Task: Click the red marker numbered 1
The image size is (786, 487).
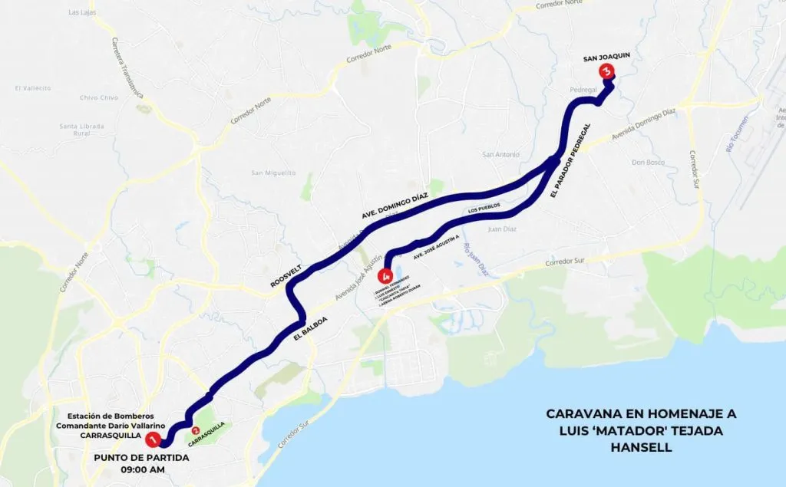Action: click(153, 439)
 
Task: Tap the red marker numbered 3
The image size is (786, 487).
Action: click(607, 71)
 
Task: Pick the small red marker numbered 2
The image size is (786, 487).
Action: click(196, 431)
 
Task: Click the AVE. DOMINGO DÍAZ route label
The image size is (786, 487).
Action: click(394, 207)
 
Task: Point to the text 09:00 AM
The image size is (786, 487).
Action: click(141, 470)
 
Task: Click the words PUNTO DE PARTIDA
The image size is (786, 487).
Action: click(141, 458)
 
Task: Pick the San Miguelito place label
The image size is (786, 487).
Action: click(273, 173)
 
